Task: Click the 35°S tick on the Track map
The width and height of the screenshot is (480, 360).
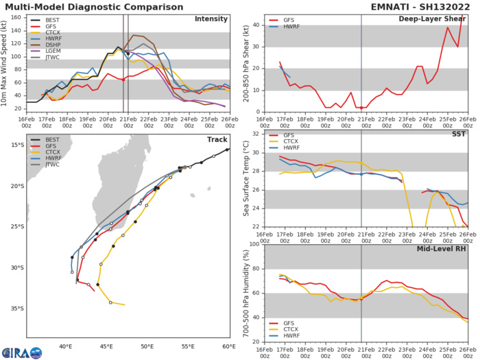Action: [16, 309]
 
